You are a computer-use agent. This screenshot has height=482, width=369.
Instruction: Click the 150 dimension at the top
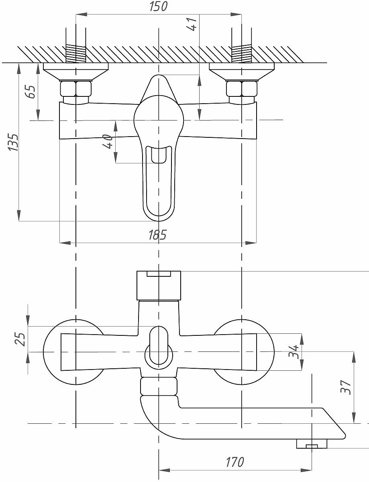pyautogui.click(x=158, y=6)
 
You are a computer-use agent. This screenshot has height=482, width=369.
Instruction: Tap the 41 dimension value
pyautogui.click(x=192, y=24)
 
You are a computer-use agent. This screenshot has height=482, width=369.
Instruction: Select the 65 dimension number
pyautogui.click(x=31, y=92)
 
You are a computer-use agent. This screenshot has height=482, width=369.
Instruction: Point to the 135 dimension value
pyautogui.click(x=13, y=142)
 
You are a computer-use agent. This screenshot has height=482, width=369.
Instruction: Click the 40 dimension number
pyautogui.click(x=108, y=142)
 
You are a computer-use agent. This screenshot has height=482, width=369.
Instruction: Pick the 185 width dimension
pyautogui.click(x=157, y=235)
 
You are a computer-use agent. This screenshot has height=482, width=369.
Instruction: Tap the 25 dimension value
pyautogui.click(x=20, y=339)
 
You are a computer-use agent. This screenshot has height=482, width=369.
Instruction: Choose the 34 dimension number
pyautogui.click(x=294, y=351)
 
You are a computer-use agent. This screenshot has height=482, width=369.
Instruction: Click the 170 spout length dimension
pyautogui.click(x=235, y=462)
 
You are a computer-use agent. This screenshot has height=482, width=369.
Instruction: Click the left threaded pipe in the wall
pyautogui.click(x=75, y=53)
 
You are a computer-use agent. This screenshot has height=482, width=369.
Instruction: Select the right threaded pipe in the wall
pyautogui.click(x=242, y=53)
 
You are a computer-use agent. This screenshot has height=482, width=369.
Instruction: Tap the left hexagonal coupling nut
pyautogui.click(x=75, y=89)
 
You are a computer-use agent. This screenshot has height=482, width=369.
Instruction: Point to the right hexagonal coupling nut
pyautogui.click(x=242, y=89)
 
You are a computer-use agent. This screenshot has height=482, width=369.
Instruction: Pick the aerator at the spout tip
pyautogui.click(x=312, y=444)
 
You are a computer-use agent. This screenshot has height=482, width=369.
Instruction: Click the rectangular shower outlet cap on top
pyautogui.click(x=159, y=286)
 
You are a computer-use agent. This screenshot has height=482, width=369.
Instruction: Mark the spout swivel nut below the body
pyautogui.click(x=159, y=386)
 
